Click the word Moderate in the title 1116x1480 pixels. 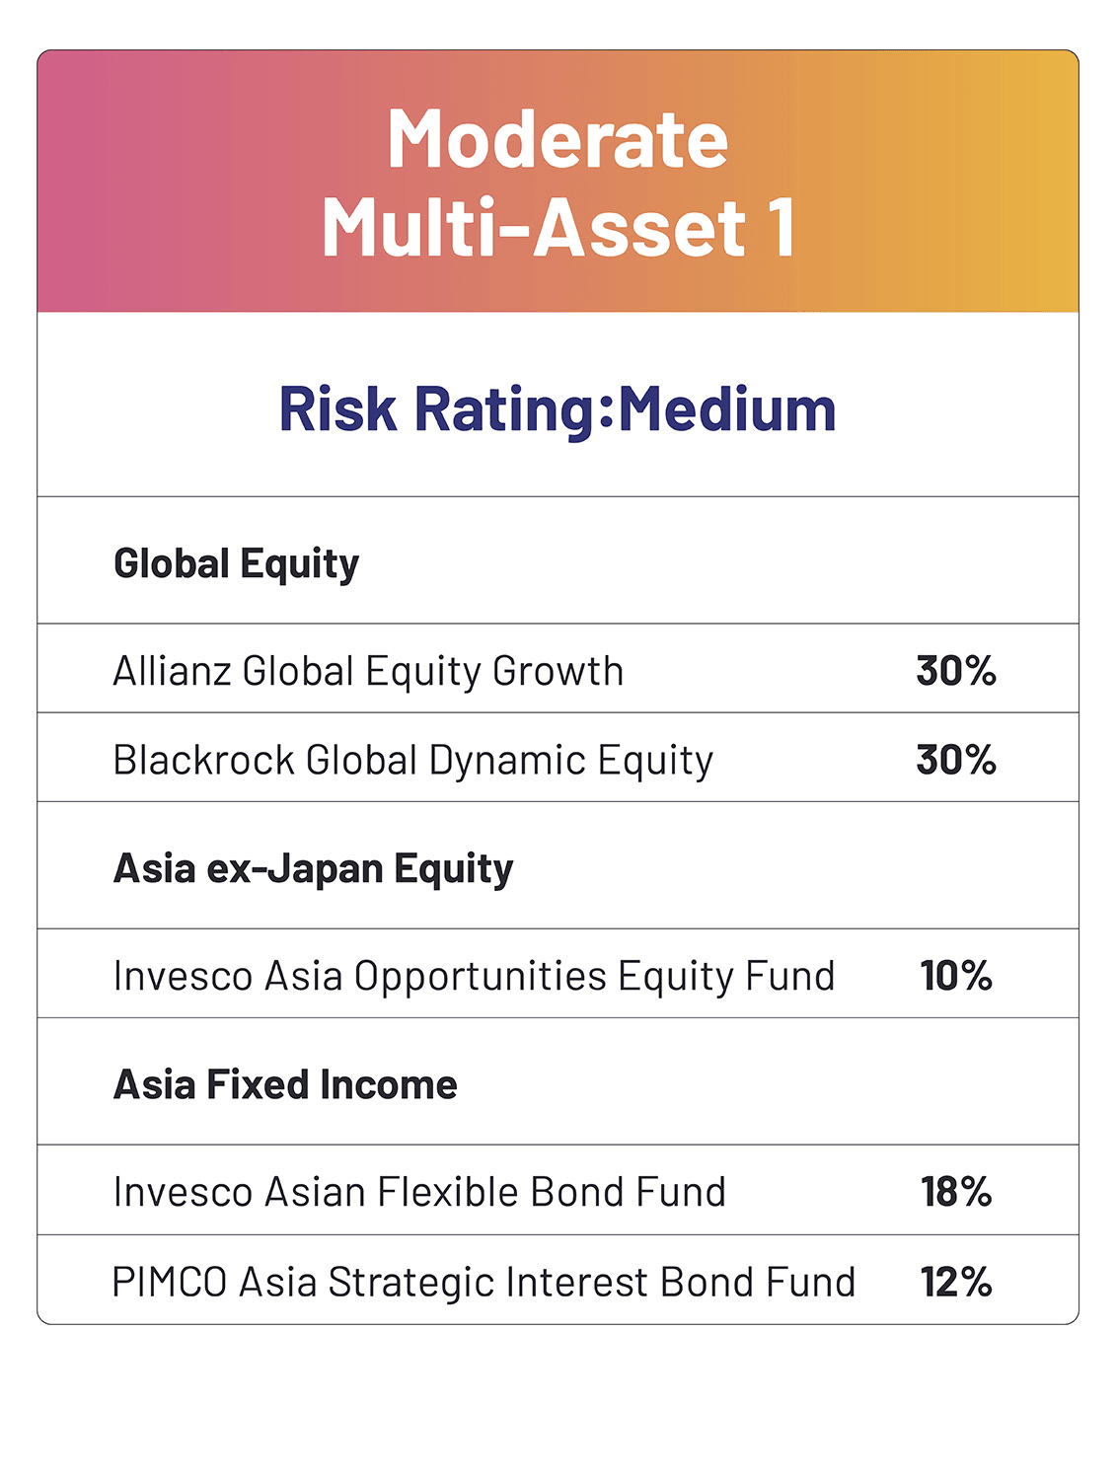[558, 140]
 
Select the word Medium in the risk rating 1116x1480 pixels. [727, 409]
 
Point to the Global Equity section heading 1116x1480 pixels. [236, 564]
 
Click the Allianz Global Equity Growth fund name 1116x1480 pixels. [368, 671]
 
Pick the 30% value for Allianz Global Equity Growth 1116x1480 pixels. [955, 671]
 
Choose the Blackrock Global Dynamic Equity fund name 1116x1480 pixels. [412, 760]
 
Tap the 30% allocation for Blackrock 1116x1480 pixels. [955, 760]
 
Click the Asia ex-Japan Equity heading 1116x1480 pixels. [313, 869]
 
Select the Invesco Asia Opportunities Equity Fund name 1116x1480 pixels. [474, 976]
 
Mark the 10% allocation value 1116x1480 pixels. [955, 976]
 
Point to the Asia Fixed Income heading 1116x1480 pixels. [285, 1085]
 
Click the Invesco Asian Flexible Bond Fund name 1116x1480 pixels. [419, 1192]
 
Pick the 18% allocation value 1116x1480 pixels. [955, 1192]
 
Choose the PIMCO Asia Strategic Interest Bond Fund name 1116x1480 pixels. [484, 1282]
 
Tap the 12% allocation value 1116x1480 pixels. [955, 1282]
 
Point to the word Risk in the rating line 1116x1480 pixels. [337, 409]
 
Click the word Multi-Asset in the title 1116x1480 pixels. [534, 229]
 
